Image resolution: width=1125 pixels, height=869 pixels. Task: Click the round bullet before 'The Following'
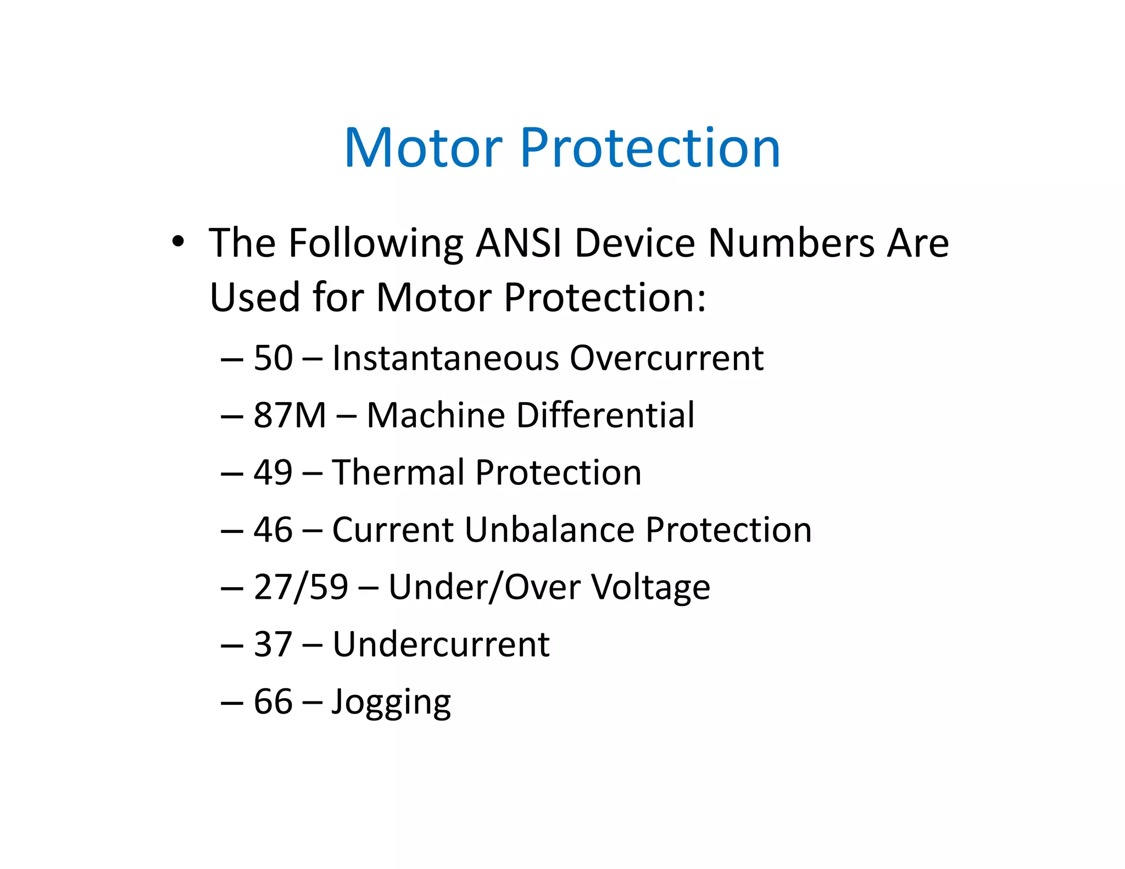[x=177, y=241]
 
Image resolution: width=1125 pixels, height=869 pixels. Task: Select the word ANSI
[x=519, y=242]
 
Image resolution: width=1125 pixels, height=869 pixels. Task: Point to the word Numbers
[x=791, y=242]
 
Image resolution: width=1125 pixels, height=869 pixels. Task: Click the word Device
[x=635, y=242]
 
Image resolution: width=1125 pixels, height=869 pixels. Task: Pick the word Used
[x=255, y=297]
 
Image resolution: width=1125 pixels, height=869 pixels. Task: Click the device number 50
[x=273, y=358]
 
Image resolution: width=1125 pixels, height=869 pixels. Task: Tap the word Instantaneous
[x=445, y=358]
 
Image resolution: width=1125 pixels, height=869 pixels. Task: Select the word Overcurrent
[x=666, y=358]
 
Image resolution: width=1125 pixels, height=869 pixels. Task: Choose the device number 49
[x=273, y=472]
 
